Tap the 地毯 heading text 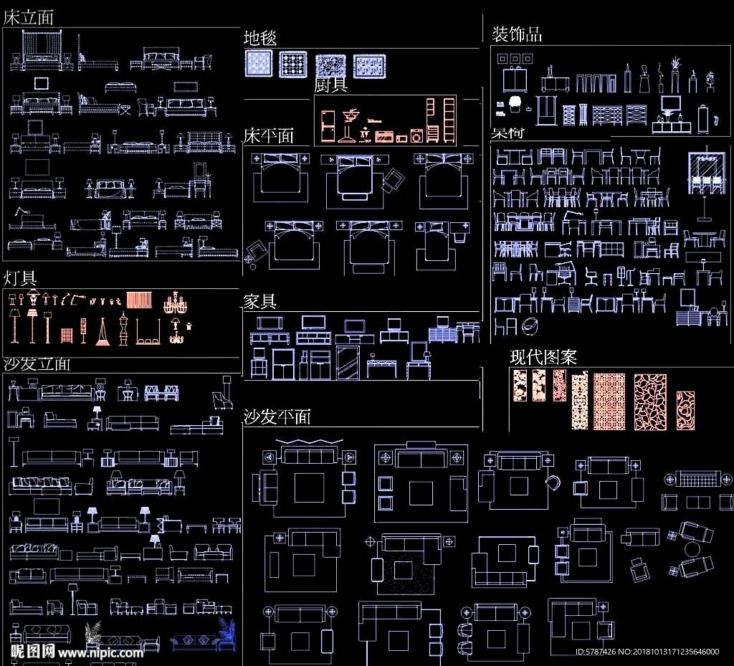[x=260, y=38]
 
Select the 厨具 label [x=331, y=85]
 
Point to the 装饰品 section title [x=516, y=34]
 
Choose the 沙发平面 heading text [x=277, y=417]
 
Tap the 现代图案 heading [x=543, y=357]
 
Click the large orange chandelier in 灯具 [x=175, y=303]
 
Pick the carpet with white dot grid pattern [x=292, y=65]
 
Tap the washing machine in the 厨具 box [x=416, y=135]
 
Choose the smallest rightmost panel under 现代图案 [x=685, y=410]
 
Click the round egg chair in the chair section [x=530, y=326]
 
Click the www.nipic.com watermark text [x=100, y=653]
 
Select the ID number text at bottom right [x=647, y=652]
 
